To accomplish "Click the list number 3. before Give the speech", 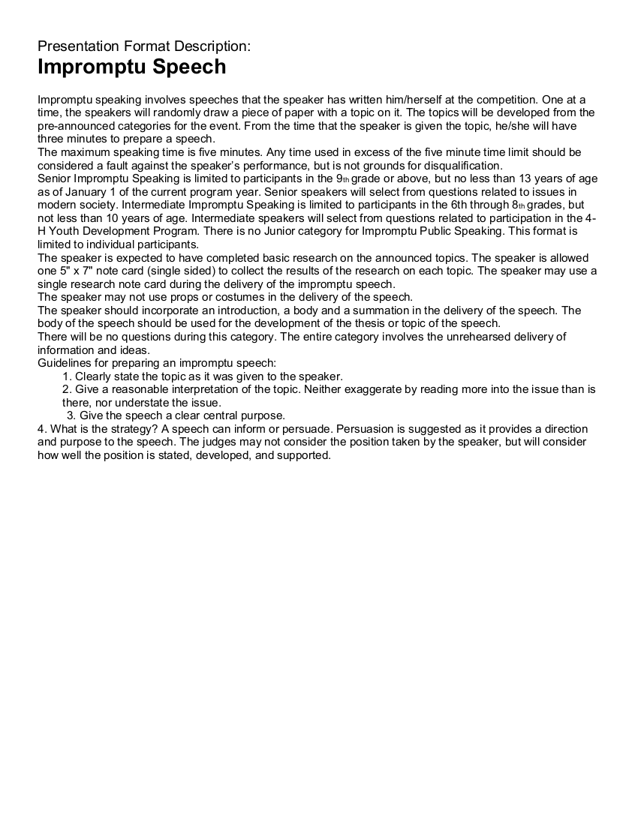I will pos(71,415).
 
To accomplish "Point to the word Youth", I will pos(66,231).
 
